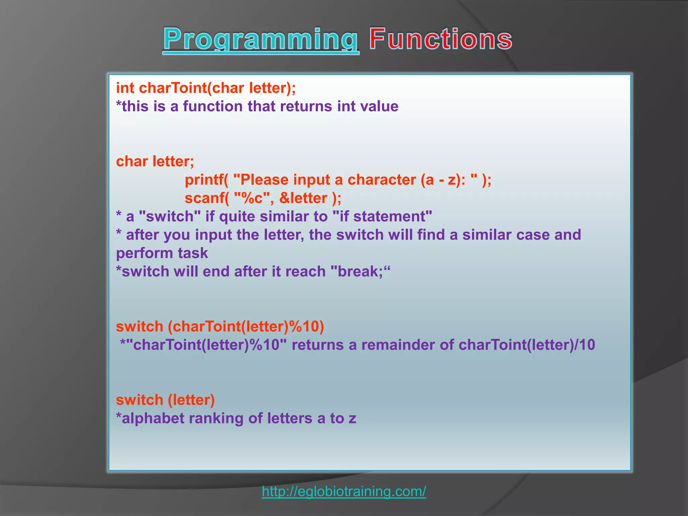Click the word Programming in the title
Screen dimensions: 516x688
coord(261,40)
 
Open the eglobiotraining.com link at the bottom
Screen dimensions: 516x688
coord(344,491)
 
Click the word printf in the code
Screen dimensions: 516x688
coord(204,180)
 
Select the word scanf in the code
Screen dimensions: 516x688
coord(204,198)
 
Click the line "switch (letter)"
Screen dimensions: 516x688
coord(165,400)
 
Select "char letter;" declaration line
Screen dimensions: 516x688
coord(155,162)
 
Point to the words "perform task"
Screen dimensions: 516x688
coord(162,253)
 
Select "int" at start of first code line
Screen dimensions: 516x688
coord(125,88)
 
